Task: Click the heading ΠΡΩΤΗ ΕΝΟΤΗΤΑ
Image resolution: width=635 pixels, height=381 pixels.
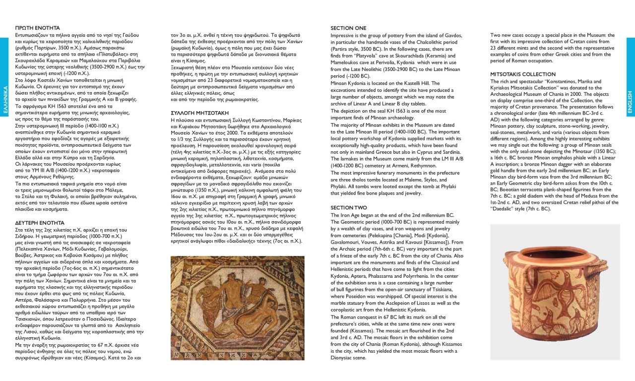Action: [x=38, y=28]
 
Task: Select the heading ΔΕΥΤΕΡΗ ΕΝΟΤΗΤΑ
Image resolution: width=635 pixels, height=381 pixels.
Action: [x=41, y=223]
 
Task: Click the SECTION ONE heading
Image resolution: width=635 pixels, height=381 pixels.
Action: [x=349, y=28]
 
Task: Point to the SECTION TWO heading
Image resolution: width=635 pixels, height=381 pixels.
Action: [x=349, y=207]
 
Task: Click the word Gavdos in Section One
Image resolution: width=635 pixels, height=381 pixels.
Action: [x=450, y=36]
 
